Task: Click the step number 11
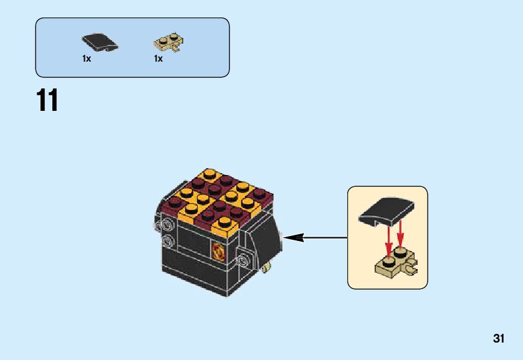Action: point(47,101)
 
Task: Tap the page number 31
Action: point(497,339)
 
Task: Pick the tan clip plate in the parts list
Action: point(168,43)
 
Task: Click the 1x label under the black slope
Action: point(87,59)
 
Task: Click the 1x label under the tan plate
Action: point(158,59)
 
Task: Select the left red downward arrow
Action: point(388,242)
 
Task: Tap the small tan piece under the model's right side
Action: point(267,267)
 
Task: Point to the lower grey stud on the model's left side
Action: point(166,240)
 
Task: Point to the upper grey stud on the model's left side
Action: point(166,223)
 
